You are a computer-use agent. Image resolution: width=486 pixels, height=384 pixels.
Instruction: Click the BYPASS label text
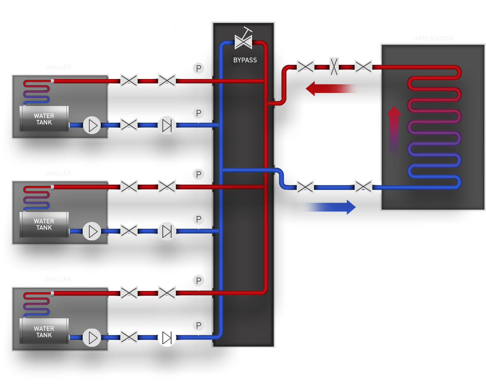(x=245, y=60)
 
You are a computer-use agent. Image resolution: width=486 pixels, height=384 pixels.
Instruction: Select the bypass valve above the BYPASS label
(x=244, y=41)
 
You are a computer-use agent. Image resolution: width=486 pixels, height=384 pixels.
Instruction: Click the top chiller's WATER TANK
(x=44, y=119)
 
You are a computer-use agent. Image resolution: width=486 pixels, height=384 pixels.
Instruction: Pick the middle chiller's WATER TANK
(x=44, y=224)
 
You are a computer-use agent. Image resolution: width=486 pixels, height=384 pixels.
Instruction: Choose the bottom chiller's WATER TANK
(x=44, y=332)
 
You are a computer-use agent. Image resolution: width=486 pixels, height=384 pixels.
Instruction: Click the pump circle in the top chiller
(x=92, y=126)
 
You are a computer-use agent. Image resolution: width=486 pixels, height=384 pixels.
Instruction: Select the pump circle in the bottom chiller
(x=92, y=337)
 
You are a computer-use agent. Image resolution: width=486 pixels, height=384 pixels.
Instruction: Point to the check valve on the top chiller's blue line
(x=167, y=125)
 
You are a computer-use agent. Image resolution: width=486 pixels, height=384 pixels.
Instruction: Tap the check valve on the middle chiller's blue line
(x=167, y=232)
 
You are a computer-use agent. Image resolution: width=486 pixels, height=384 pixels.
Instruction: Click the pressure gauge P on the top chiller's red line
(x=199, y=68)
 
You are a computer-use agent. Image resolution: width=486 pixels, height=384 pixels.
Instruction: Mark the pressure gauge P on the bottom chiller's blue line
(x=199, y=325)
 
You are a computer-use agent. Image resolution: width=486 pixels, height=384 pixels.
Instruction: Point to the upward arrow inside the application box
(x=394, y=129)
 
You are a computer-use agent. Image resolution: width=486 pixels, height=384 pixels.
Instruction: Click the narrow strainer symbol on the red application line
(x=334, y=67)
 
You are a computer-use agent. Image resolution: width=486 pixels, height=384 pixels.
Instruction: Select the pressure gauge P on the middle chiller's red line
(x=199, y=174)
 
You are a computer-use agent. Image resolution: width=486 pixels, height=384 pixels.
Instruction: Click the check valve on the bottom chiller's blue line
(x=167, y=337)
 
